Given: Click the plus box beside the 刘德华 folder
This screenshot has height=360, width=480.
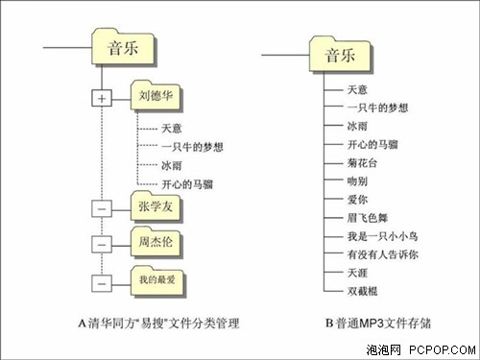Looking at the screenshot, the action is pos(102,98).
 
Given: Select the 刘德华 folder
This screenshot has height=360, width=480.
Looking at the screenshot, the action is pos(156,96).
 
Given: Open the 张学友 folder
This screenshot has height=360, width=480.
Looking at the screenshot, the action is pos(156,206).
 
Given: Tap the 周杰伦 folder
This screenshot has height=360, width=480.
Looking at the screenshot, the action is pos(156,242).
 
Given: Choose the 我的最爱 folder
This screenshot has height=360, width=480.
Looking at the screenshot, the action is pos(157,281).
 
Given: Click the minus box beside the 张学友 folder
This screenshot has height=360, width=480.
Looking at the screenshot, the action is pos(102,208).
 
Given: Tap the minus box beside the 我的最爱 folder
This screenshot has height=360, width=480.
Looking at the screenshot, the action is pos(102,283).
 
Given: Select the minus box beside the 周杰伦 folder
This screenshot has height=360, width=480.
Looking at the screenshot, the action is pos(102,245).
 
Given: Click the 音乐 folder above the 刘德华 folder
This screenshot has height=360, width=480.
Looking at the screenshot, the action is pos(124,47).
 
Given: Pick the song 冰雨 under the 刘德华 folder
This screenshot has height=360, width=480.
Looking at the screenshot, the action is pos(172,165).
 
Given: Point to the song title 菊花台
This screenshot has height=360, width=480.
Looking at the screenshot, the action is pos(362,163).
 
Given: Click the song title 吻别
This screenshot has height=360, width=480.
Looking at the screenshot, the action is pos(357,181).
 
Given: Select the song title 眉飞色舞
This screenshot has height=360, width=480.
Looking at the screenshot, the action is pos(368,218).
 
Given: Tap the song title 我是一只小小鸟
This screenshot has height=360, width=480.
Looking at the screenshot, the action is pos(383,236).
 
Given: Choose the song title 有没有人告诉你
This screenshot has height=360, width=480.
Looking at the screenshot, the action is pos(383,254).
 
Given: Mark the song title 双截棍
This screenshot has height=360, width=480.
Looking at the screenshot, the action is pos(363,291).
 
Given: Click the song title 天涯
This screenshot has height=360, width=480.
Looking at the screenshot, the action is pos(357,273).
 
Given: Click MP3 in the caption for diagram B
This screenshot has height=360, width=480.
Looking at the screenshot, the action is pos(372,324).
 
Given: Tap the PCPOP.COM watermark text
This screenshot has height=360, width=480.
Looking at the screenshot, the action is pos(443,349).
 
